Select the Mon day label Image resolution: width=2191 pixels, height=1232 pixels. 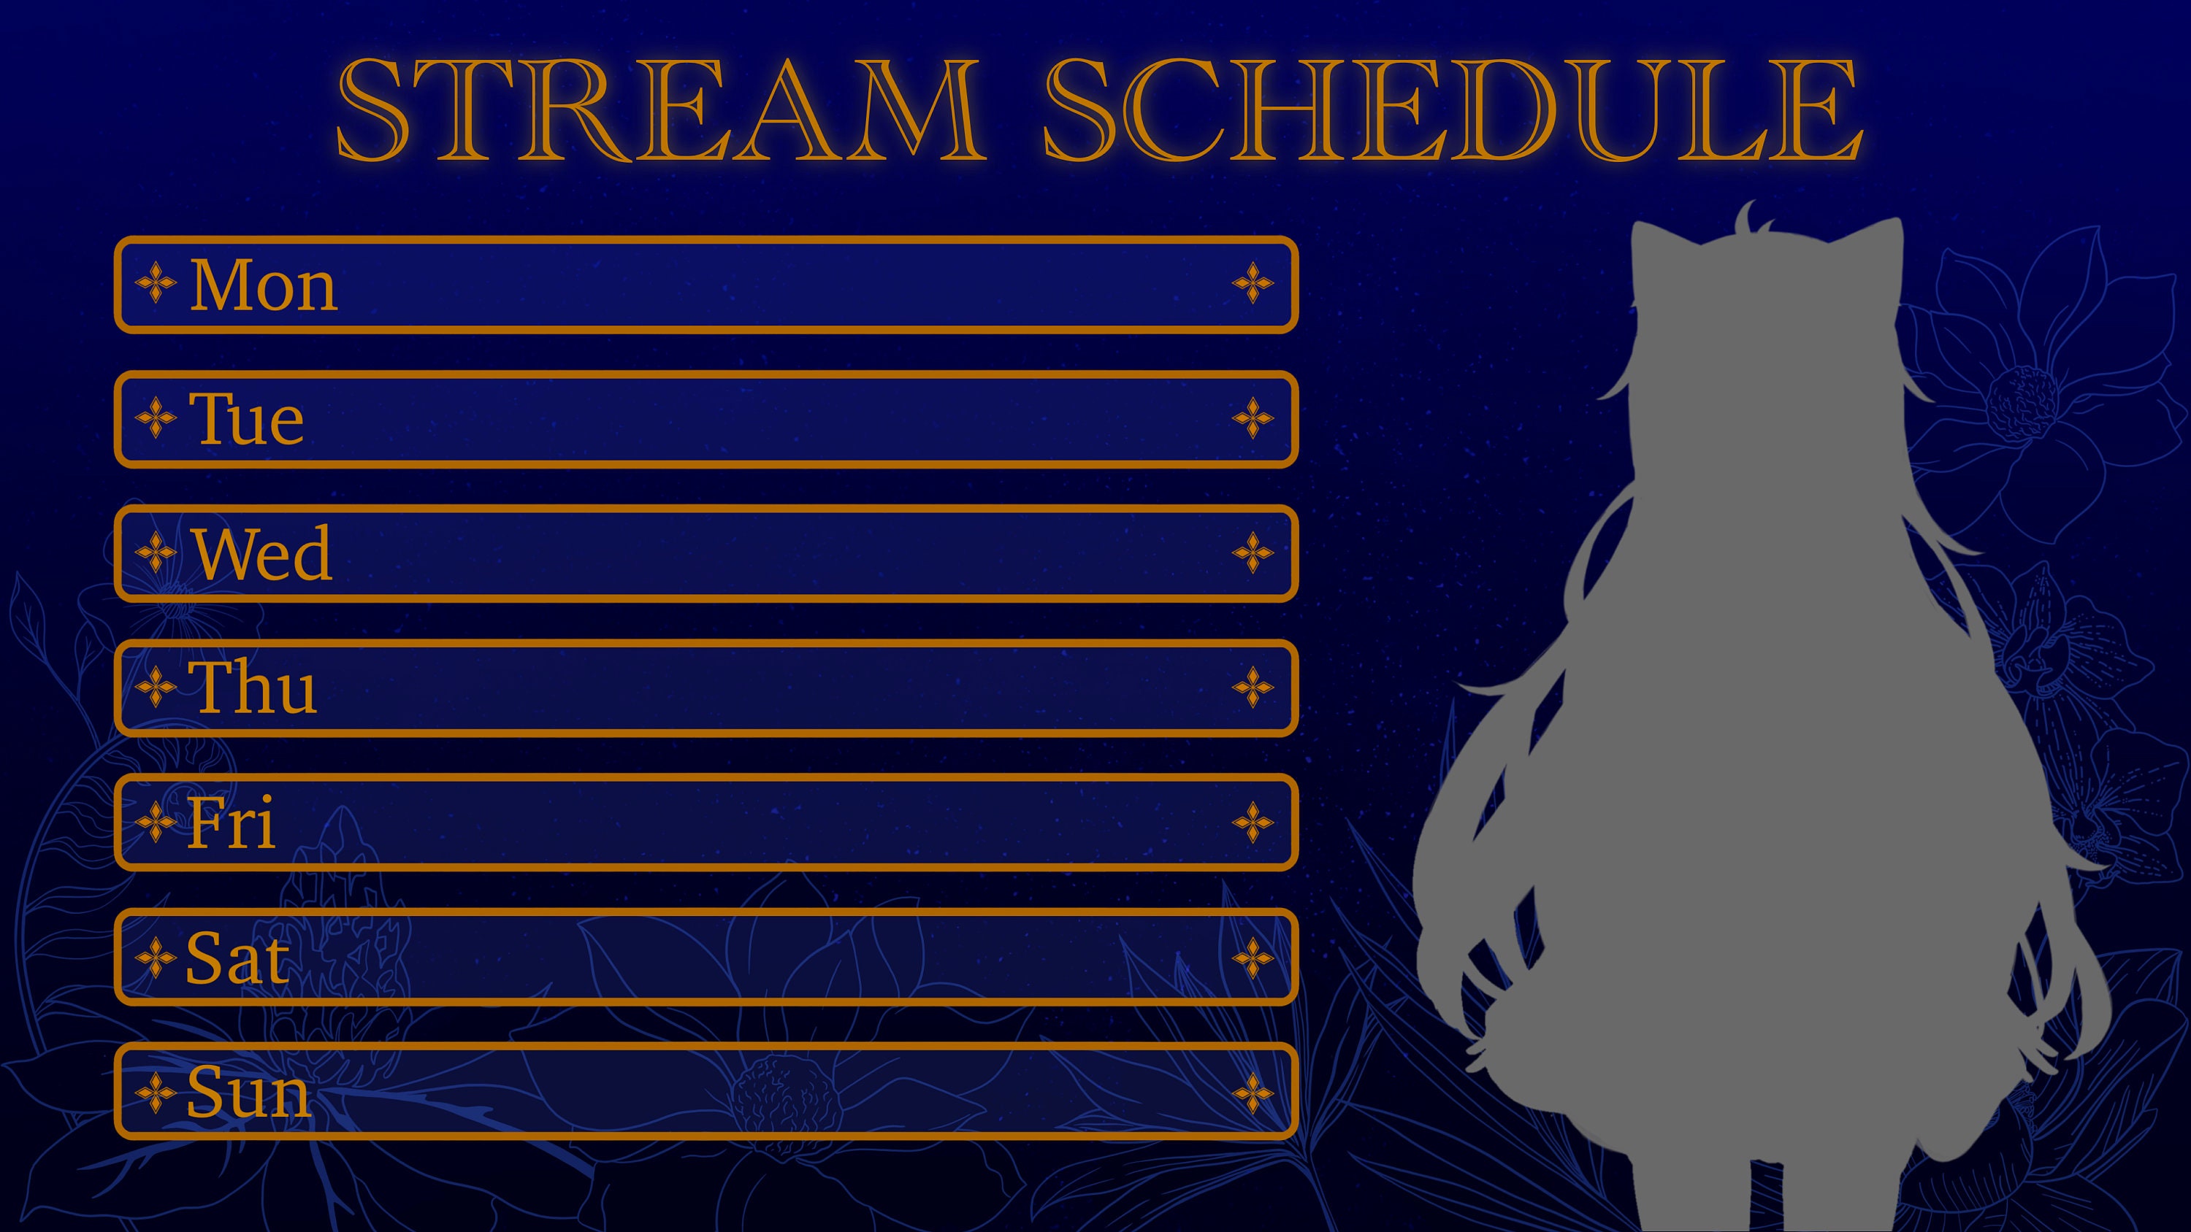(263, 285)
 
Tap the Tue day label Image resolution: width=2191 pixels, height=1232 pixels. (247, 419)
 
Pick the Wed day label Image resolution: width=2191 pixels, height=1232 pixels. (262, 553)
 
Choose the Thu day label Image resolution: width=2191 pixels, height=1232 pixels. (253, 687)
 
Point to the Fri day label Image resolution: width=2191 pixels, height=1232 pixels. (232, 822)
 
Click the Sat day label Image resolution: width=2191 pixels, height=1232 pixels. (237, 958)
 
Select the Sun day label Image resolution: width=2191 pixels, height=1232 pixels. (248, 1092)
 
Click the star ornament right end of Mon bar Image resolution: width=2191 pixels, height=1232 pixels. (1252, 283)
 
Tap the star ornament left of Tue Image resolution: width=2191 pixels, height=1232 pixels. (156, 418)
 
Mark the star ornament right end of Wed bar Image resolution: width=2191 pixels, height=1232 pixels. (1252, 553)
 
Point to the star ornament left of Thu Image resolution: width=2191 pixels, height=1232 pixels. (156, 687)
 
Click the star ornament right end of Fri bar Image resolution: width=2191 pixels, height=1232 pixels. (1252, 822)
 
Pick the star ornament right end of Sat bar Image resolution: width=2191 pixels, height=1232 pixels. (1252, 958)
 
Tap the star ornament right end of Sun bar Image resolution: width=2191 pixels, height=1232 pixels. (1252, 1093)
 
